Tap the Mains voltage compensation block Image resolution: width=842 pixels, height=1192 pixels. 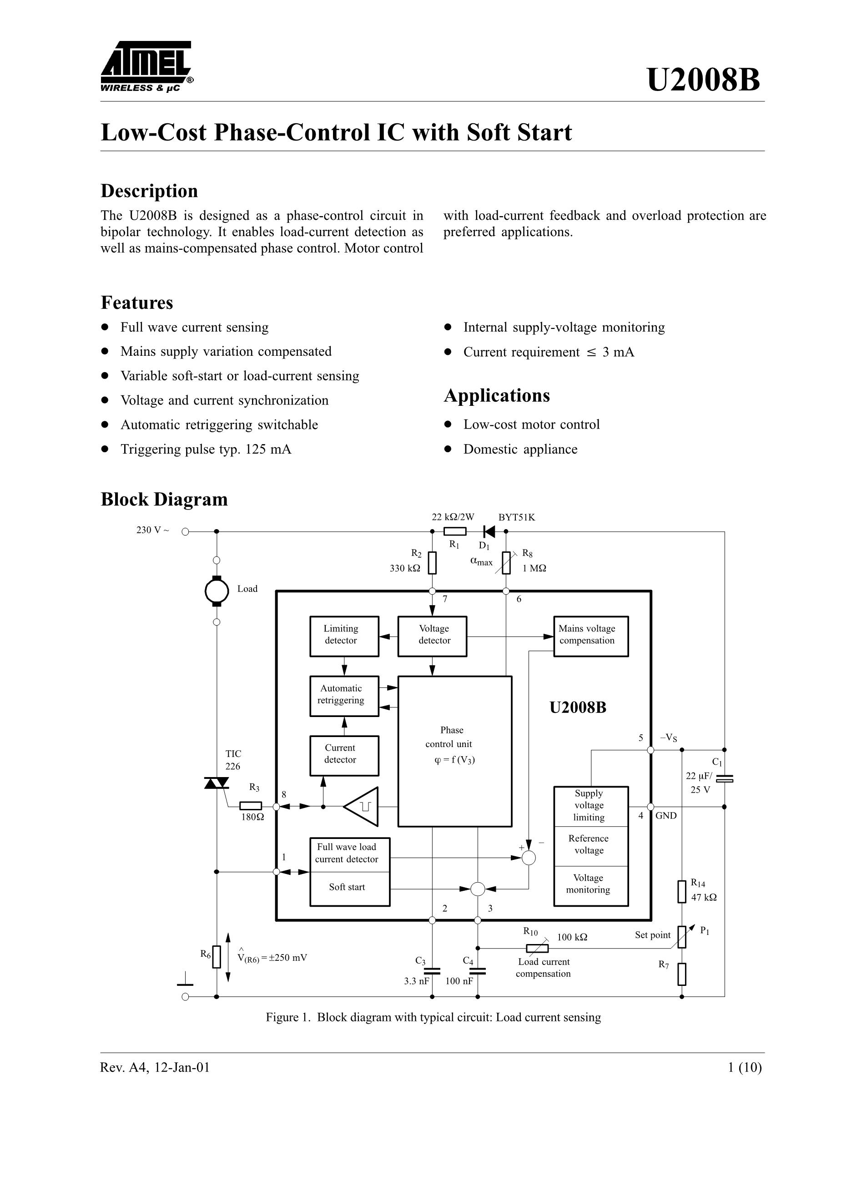coord(590,636)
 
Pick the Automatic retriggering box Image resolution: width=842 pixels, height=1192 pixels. coord(343,696)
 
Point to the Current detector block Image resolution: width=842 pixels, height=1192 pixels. coord(343,755)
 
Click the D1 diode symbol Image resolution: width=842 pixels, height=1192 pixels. coord(489,532)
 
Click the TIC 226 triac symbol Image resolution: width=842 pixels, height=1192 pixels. coord(217,783)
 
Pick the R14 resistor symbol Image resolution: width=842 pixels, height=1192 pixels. coord(681,891)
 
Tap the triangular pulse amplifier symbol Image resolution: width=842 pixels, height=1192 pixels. coord(363,806)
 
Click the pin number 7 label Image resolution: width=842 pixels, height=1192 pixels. coord(445,599)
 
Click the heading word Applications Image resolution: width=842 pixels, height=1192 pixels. coord(496,396)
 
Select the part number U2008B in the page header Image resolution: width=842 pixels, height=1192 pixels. coord(703,81)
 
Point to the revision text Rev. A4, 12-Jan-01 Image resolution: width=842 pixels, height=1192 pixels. coord(155,1067)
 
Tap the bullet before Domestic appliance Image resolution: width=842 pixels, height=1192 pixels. coord(448,449)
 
